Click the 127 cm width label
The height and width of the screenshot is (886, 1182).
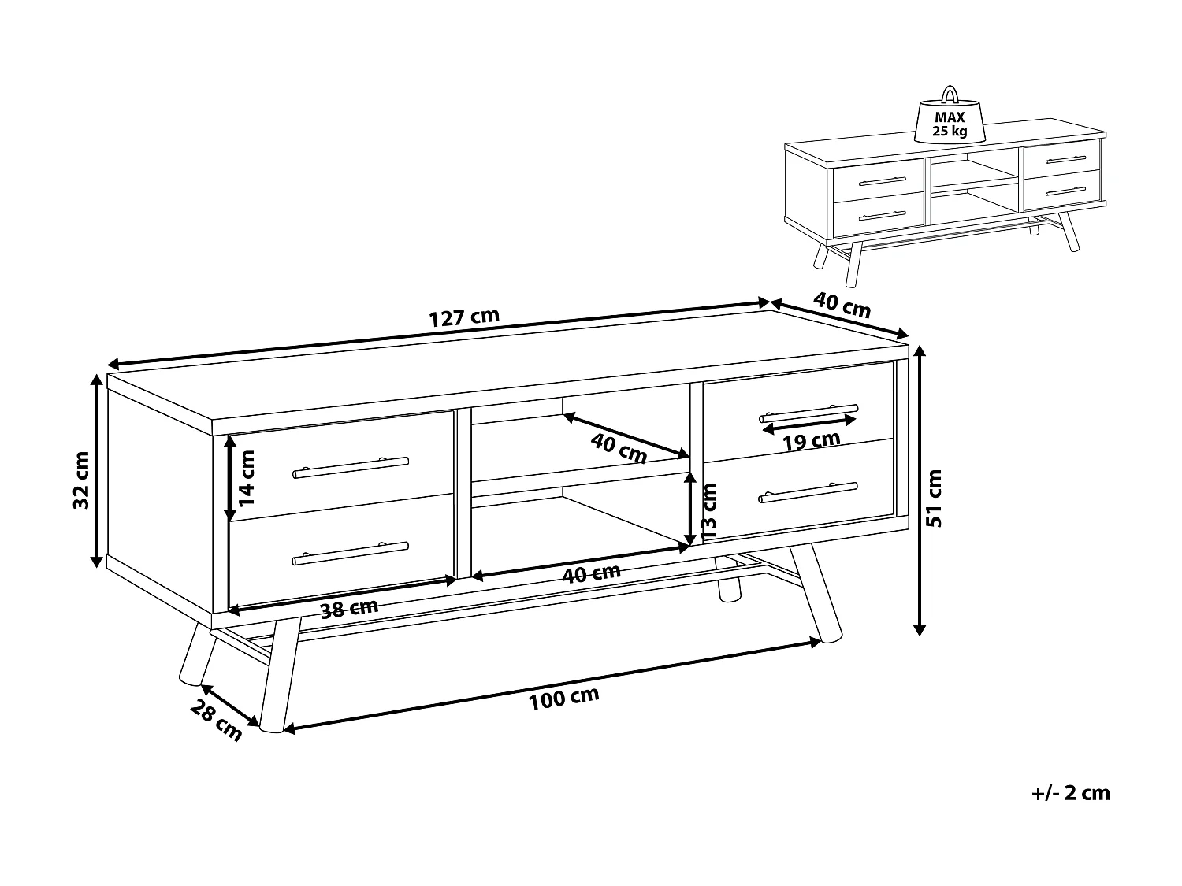pos(464,317)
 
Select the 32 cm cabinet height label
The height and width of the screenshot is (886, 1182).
pos(81,480)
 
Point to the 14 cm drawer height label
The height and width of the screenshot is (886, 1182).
pos(248,477)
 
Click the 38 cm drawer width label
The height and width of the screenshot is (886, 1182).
pos(350,609)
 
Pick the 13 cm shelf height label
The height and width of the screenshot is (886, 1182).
pos(708,512)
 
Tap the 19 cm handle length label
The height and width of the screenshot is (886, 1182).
pos(811,441)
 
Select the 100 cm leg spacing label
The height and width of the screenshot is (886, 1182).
pos(563,698)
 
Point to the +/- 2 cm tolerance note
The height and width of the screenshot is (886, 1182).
pos(1070,793)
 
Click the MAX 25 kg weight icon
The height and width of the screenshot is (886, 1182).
pos(950,118)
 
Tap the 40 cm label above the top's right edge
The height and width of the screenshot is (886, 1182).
pos(842,306)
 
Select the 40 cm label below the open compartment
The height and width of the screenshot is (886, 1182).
pos(591,573)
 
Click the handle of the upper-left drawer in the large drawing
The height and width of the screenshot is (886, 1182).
pos(351,468)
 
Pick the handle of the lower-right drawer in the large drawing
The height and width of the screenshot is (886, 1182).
pos(808,491)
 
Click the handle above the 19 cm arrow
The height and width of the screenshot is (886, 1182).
pos(808,411)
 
